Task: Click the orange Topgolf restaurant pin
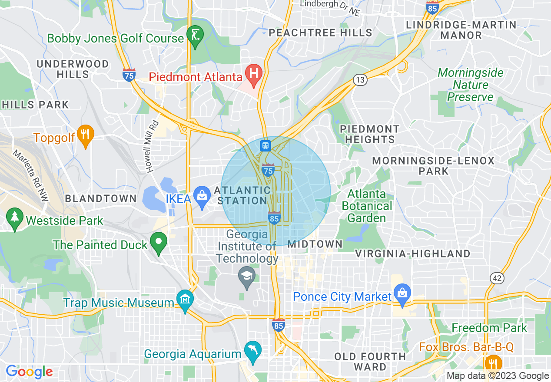(x=86, y=135)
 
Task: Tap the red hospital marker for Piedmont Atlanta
(x=254, y=75)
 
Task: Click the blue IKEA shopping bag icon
(x=202, y=196)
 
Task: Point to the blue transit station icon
(x=266, y=145)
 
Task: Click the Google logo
(x=29, y=372)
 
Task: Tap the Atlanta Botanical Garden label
(x=367, y=206)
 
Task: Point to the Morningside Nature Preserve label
(x=471, y=85)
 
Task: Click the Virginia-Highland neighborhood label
(x=413, y=254)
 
